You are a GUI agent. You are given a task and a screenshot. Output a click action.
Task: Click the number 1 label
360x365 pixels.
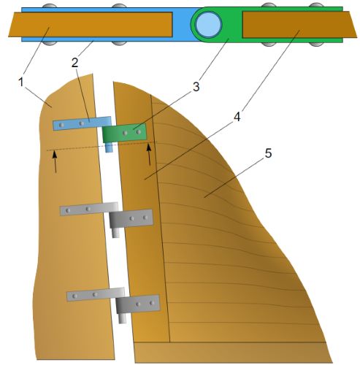point(21,82)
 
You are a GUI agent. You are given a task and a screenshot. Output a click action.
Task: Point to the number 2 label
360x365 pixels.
point(75,63)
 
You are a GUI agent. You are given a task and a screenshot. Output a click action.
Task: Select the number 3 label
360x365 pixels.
point(196,87)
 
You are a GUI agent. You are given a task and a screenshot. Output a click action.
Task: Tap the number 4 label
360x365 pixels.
point(237,117)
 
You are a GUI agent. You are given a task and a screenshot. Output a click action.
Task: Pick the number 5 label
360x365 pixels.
point(268,153)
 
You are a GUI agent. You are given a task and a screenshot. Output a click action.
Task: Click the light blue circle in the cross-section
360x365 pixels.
point(209,24)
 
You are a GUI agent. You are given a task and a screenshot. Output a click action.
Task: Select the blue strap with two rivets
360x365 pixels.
point(82,123)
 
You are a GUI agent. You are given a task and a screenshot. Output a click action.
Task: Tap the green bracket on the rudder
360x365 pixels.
point(124,133)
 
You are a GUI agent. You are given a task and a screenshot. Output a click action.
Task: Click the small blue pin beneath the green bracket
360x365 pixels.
point(109,147)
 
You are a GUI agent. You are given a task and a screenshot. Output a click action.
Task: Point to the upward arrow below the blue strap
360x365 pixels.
point(55,161)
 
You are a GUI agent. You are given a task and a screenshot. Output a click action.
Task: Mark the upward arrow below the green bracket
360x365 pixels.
point(149,155)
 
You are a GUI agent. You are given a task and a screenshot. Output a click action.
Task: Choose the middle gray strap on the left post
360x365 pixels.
point(89,209)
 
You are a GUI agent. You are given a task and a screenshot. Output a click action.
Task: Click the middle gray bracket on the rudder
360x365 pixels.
point(131,219)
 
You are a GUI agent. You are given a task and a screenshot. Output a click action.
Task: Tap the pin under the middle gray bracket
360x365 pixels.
point(115,233)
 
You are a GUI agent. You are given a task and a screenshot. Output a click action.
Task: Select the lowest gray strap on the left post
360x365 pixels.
point(96,294)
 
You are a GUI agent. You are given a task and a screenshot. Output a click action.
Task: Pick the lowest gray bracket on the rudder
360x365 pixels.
point(138,304)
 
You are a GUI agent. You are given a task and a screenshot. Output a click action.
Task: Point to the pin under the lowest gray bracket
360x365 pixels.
point(123,318)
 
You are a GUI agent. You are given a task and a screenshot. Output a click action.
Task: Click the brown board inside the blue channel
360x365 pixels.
point(91,25)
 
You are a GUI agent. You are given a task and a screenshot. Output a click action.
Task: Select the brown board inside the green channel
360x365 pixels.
point(299,24)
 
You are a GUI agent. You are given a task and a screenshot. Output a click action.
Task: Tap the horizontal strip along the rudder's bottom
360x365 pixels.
point(233,353)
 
